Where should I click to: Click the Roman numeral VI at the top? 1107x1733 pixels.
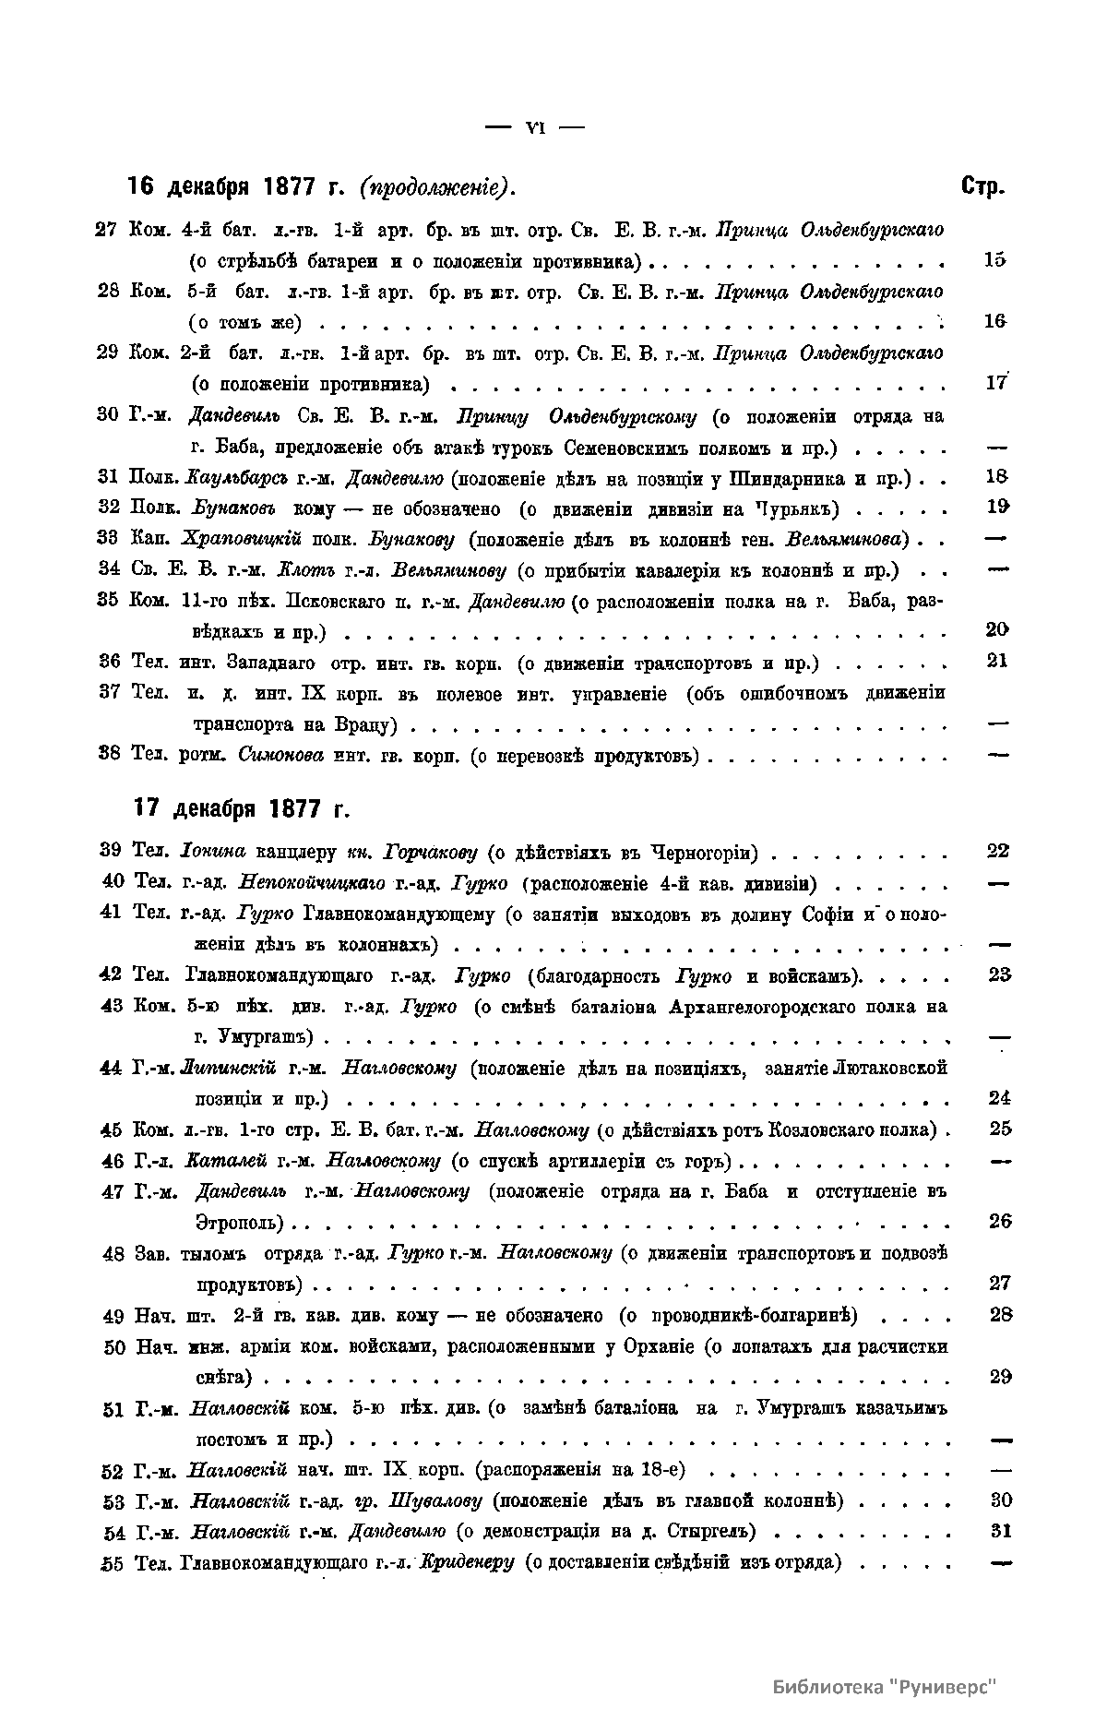click(535, 128)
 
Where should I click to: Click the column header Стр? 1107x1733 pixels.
click(983, 186)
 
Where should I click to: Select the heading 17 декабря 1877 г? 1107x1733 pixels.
click(242, 809)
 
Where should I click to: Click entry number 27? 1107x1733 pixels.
click(106, 229)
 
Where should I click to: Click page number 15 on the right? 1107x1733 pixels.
click(994, 260)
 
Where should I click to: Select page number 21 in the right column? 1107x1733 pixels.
click(996, 661)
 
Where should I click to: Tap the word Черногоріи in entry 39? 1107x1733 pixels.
click(705, 851)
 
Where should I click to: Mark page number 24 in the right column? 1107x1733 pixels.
click(1000, 1098)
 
